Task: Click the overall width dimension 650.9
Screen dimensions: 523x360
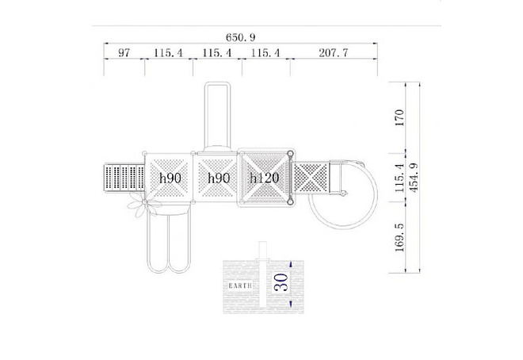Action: click(x=240, y=37)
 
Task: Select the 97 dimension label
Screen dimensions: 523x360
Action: click(x=124, y=52)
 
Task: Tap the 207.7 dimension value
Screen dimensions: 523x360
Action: click(x=333, y=52)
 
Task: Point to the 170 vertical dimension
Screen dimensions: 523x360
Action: click(x=399, y=117)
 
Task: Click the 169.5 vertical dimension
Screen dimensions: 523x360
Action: click(x=399, y=238)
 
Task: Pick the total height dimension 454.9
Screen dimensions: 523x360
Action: click(x=414, y=178)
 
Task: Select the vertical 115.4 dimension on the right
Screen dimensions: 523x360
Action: click(x=399, y=178)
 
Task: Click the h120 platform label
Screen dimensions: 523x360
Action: click(x=265, y=178)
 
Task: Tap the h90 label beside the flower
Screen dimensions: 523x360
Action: click(x=170, y=178)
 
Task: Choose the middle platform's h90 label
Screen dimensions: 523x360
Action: click(x=219, y=178)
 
